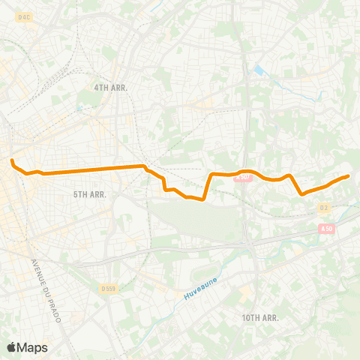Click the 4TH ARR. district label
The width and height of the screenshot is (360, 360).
(x=111, y=88)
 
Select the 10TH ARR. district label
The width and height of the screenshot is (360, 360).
(x=260, y=318)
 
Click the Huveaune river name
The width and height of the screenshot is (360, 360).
(x=200, y=288)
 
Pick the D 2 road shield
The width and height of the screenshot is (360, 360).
(x=324, y=207)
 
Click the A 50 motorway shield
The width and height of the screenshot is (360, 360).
(x=325, y=228)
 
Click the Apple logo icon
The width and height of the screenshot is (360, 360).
(x=12, y=347)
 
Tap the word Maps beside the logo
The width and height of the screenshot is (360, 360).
(x=33, y=347)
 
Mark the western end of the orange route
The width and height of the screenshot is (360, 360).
(x=12, y=160)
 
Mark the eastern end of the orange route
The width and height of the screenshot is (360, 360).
(x=349, y=176)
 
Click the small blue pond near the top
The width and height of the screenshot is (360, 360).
(x=259, y=70)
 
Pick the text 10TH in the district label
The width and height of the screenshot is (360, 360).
(x=250, y=318)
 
